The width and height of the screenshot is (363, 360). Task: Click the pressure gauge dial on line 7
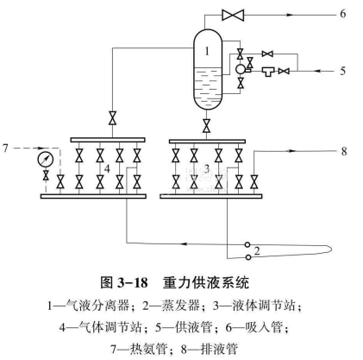[x=46, y=159]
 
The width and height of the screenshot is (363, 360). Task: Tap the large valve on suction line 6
[x=233, y=15]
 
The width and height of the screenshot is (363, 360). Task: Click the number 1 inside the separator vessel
[x=207, y=51]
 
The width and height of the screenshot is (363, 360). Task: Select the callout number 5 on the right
[x=343, y=71]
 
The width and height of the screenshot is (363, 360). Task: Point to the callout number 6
[x=343, y=14]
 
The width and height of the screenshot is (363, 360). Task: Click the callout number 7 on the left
[x=5, y=148]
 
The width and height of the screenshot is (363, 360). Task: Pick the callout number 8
[x=344, y=151]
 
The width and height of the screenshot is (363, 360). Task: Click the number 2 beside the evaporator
[x=257, y=251]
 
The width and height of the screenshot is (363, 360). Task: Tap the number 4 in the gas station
[x=107, y=168]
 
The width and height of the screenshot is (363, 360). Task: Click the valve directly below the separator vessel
[x=206, y=125]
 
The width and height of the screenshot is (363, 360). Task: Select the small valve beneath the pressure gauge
[x=46, y=175]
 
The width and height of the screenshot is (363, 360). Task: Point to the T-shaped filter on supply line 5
[x=269, y=72]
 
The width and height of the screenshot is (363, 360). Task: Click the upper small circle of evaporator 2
[x=247, y=244]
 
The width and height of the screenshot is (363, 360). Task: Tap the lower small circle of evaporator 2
[x=248, y=257]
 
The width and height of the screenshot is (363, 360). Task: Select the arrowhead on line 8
[x=292, y=151]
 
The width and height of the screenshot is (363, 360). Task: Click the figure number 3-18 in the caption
[x=133, y=282]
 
